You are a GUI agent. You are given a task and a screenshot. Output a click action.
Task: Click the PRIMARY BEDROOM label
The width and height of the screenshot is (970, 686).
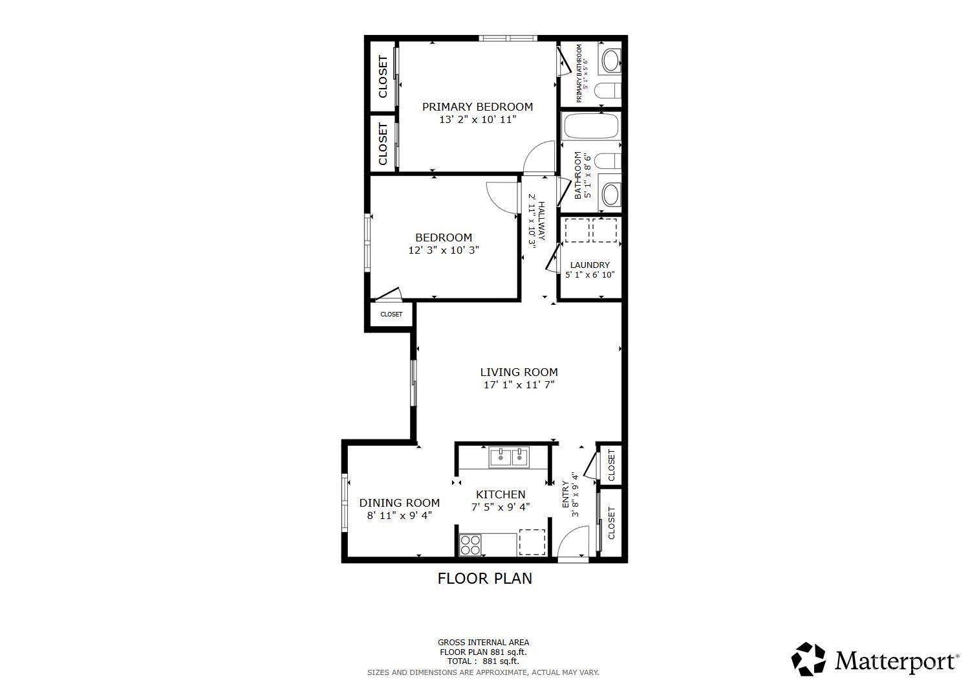pyautogui.click(x=477, y=107)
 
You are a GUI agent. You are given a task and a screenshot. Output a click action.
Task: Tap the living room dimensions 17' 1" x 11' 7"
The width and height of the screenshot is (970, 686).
pyautogui.click(x=519, y=385)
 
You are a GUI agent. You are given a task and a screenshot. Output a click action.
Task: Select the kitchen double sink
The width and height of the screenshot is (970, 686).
pyautogui.click(x=509, y=457)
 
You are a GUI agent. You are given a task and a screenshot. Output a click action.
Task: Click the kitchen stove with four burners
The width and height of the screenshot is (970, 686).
pyautogui.click(x=470, y=545)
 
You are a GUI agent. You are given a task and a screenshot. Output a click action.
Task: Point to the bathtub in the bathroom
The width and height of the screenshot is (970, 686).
pyautogui.click(x=590, y=127)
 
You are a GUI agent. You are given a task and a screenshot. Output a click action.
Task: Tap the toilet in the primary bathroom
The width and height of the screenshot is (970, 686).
pyautogui.click(x=607, y=92)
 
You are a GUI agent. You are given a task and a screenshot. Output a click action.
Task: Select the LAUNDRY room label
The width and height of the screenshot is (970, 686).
pyautogui.click(x=590, y=265)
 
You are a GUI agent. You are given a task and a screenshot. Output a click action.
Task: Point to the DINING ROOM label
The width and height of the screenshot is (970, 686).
pyautogui.click(x=399, y=503)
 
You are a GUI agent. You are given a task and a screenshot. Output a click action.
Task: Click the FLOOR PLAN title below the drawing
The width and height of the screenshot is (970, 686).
pyautogui.click(x=484, y=579)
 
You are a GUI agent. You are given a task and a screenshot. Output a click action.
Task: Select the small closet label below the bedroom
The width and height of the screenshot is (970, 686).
pyautogui.click(x=391, y=315)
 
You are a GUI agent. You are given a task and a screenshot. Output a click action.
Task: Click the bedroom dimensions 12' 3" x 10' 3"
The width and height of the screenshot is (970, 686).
pyautogui.click(x=444, y=250)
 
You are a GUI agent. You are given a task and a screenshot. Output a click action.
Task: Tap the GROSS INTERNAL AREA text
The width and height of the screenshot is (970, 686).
pyautogui.click(x=483, y=643)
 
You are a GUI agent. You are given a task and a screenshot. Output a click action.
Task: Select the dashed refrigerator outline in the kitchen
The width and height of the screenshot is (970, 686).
pyautogui.click(x=532, y=542)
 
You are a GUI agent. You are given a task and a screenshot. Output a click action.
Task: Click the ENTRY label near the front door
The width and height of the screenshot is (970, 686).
pyautogui.click(x=566, y=494)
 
